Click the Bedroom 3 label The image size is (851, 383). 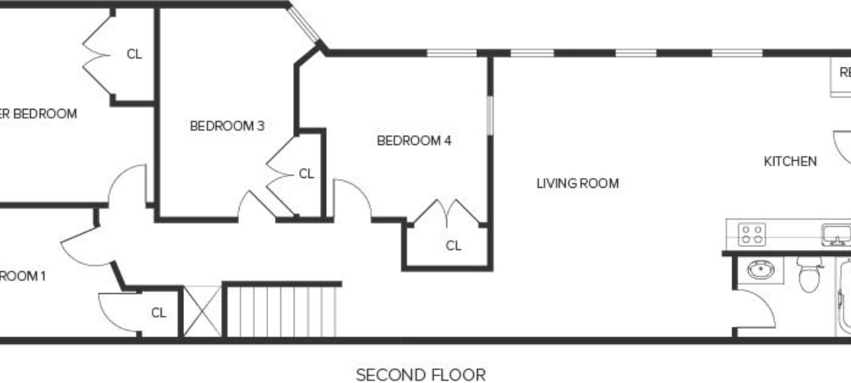point(227,126)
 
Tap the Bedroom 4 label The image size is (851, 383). point(414,140)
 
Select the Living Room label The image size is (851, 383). point(578,183)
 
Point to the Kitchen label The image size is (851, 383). point(790,161)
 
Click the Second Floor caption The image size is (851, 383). point(421,375)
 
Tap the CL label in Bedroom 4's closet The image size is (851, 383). point(453,246)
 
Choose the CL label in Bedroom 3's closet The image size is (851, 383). point(306,173)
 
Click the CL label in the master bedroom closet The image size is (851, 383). point(134,54)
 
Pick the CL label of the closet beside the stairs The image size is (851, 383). point(158,312)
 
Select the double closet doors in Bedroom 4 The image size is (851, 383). point(448,212)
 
